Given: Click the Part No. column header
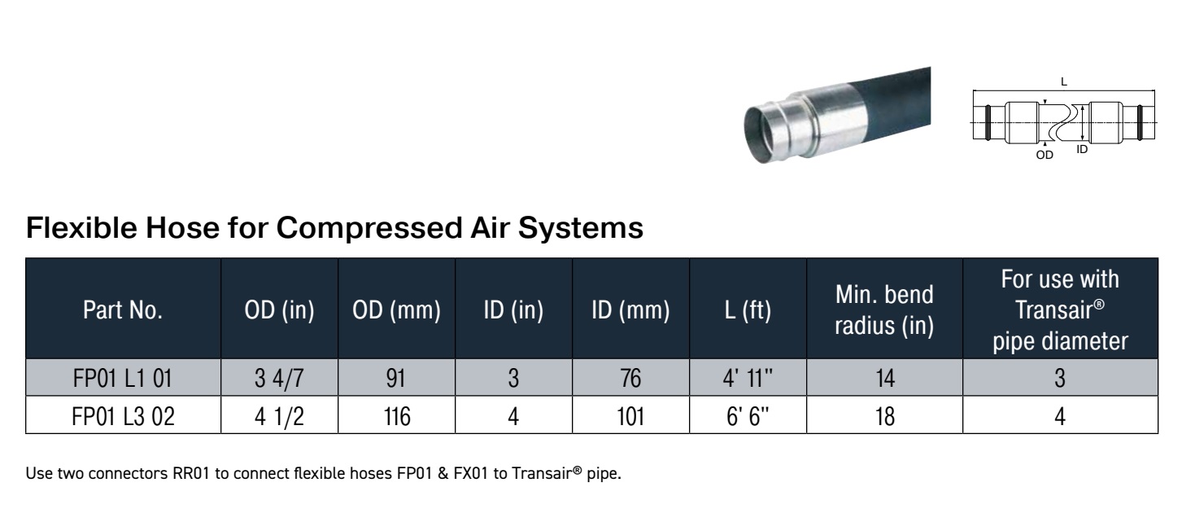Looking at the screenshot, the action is pyautogui.click(x=123, y=309).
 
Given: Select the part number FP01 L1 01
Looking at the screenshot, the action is pyautogui.click(x=123, y=378).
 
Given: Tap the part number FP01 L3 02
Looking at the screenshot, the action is pyautogui.click(x=123, y=416).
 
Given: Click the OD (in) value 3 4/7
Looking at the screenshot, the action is pyautogui.click(x=279, y=378).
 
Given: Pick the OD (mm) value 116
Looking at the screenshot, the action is pyautogui.click(x=397, y=416).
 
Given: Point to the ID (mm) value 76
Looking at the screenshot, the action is pyautogui.click(x=630, y=378).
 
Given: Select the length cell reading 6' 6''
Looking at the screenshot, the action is pyautogui.click(x=748, y=416).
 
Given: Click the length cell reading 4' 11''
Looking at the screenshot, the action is pyautogui.click(x=748, y=378).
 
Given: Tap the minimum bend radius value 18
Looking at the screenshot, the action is pyautogui.click(x=884, y=416).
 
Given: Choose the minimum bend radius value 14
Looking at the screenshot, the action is pyautogui.click(x=884, y=378).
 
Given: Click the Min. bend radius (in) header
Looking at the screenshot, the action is pyautogui.click(x=884, y=309).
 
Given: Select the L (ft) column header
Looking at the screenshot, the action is pyautogui.click(x=748, y=309).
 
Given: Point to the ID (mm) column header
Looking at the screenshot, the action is pyautogui.click(x=630, y=309).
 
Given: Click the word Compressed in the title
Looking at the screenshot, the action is pyautogui.click(x=369, y=228).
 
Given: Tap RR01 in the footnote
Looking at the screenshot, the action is pyautogui.click(x=191, y=474).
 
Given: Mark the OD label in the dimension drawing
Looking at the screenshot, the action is pyautogui.click(x=1045, y=155).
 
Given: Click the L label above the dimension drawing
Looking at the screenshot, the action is pyautogui.click(x=1064, y=81).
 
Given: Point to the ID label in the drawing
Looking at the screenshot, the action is pyautogui.click(x=1082, y=150).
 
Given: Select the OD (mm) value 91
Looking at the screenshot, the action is pyautogui.click(x=395, y=378).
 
